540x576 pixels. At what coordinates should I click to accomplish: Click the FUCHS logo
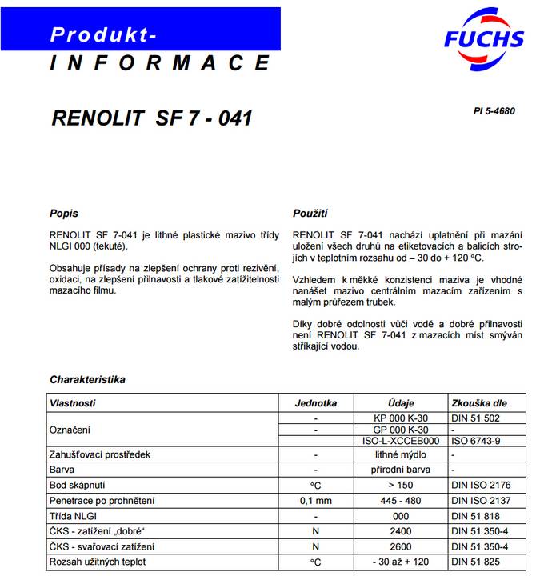483,35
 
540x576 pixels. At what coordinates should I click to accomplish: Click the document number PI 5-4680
494,111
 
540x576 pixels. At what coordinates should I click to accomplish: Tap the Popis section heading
64,214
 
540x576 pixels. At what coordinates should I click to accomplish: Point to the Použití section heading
310,214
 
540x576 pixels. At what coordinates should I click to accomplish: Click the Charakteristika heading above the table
87,379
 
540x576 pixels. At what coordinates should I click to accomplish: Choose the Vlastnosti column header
73,403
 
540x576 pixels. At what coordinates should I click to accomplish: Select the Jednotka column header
316,403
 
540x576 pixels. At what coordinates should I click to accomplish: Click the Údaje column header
401,403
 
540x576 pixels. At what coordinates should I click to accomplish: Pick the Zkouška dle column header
478,403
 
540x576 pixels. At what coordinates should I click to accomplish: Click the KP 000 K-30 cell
401,418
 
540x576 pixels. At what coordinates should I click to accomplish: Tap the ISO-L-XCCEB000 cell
401,440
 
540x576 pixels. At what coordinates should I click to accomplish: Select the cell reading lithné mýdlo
401,454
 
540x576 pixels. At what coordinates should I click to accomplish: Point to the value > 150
401,485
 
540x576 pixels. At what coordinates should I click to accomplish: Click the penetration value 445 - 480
401,500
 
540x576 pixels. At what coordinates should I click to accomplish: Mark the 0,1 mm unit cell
316,500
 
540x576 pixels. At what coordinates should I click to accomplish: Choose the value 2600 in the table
401,546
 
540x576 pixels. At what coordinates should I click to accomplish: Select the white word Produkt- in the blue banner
103,34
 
